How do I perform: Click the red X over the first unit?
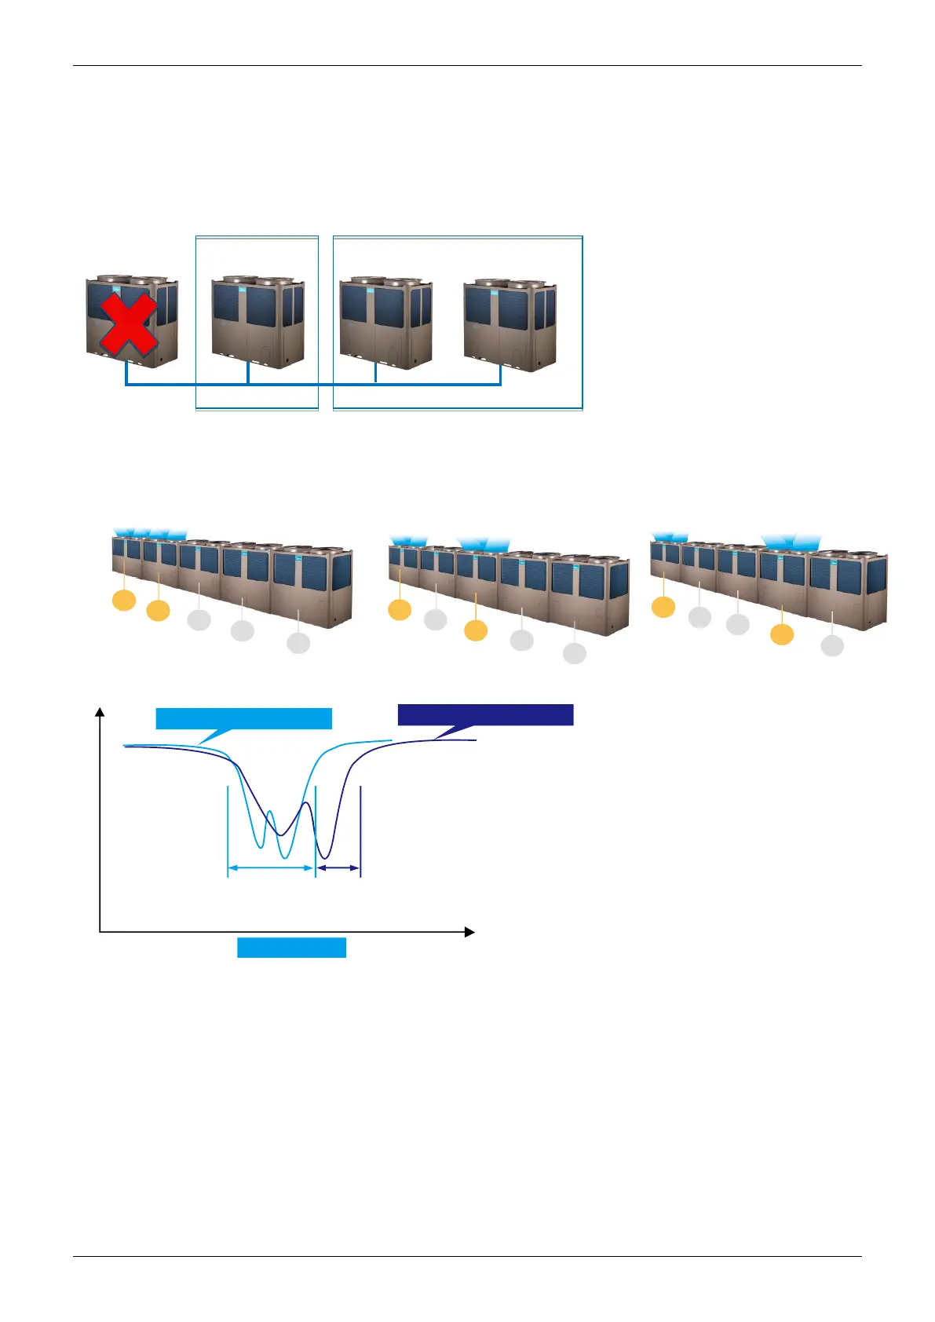128,323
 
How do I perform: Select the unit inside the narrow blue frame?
257,322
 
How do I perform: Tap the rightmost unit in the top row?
511,323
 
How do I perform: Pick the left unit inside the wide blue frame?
385,323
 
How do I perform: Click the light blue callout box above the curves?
243,718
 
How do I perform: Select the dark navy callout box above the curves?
485,714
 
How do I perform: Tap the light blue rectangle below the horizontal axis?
291,948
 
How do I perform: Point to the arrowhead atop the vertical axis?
100,711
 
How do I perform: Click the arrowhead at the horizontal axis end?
469,932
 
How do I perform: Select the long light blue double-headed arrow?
271,868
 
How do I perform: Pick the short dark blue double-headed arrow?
338,868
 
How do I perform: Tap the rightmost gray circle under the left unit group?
298,643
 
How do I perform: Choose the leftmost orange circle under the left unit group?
124,601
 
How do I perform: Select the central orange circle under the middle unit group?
476,630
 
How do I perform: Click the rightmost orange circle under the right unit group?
782,634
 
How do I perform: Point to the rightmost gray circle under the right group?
832,645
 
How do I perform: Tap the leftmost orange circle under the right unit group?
663,607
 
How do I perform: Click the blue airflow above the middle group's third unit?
484,543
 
